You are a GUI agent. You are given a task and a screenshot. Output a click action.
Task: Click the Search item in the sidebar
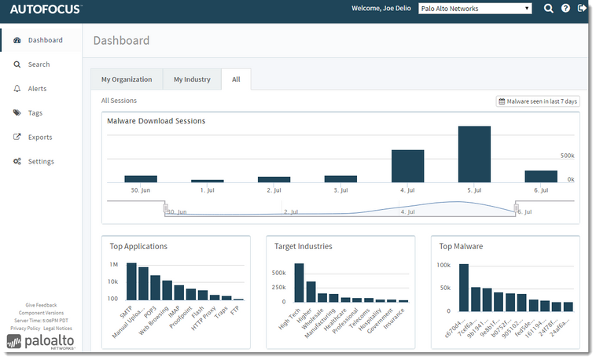(39, 64)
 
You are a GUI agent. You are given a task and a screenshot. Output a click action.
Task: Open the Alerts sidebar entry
(37, 89)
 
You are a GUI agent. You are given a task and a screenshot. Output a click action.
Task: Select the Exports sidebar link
(39, 138)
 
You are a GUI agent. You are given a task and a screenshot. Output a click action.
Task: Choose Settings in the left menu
(41, 162)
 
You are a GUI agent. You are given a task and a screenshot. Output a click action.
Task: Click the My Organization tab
(127, 79)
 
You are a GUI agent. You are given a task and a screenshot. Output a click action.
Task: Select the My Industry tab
(192, 79)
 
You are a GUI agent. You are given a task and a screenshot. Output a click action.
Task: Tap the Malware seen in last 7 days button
(538, 101)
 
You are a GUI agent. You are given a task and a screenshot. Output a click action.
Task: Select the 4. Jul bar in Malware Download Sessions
(407, 166)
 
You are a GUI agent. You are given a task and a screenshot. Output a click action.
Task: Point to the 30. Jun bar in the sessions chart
(141, 179)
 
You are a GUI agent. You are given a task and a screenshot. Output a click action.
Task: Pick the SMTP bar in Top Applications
(131, 281)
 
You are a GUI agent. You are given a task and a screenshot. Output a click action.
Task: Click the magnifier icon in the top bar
(548, 9)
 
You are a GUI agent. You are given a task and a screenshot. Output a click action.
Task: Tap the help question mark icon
(565, 9)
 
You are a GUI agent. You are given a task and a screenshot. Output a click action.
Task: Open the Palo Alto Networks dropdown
(475, 9)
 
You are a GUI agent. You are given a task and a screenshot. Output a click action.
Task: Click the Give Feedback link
(41, 305)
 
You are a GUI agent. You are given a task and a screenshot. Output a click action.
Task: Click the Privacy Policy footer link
(25, 328)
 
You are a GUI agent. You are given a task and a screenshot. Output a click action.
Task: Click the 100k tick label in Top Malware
(444, 265)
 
